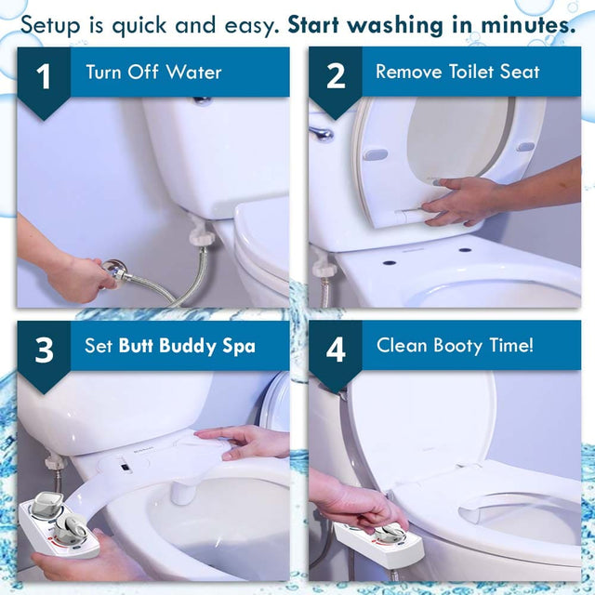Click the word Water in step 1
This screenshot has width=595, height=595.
pyautogui.click(x=194, y=72)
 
